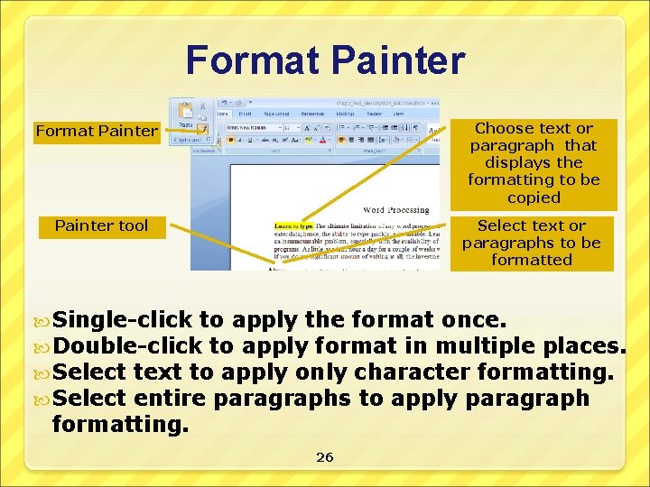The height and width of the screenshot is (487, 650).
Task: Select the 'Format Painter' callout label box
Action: point(97,132)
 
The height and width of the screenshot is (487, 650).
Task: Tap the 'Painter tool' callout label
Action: point(101,225)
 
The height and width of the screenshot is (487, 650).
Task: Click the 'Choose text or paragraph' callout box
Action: point(534,163)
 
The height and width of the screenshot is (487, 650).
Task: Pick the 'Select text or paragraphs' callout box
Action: point(531,243)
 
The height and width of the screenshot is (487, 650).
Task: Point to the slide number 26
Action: point(325,457)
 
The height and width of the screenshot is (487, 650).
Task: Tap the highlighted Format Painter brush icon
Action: point(204,129)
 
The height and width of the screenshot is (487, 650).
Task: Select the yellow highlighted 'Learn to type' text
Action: point(293,225)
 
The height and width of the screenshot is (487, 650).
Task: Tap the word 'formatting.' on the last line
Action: point(121,424)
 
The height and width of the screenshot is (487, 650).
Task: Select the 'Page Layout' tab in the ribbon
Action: point(275,114)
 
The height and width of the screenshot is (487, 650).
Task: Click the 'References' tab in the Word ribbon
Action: point(311,114)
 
